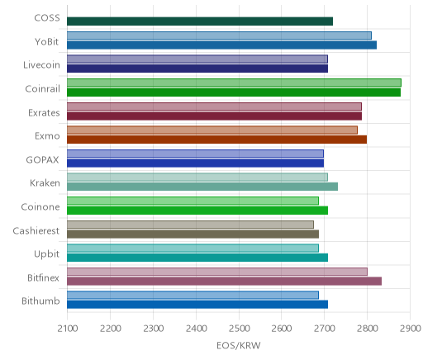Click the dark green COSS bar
[200, 21]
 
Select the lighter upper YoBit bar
[219, 36]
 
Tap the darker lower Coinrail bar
[234, 92]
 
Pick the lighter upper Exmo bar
[212, 130]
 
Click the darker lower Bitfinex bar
[224, 281]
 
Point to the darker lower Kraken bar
[202, 187]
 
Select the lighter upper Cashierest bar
[190, 225]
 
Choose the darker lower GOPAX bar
[195, 163]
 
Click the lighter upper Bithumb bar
[192, 295]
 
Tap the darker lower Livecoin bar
[197, 69]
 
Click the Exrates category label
[44, 113]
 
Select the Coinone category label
[40, 207]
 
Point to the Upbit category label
[46, 254]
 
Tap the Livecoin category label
[41, 65]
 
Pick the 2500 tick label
[239, 329]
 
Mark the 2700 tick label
[325, 329]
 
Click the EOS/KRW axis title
[239, 346]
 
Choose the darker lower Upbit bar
[197, 258]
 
